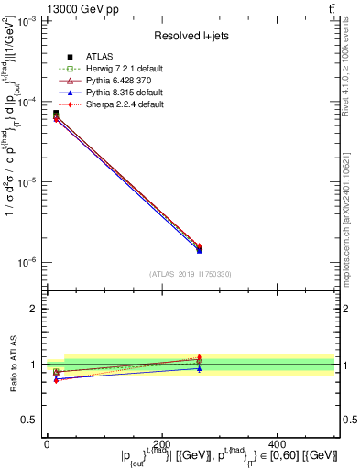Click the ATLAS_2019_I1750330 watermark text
(x=191, y=274)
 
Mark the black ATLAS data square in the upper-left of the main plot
(x=56, y=114)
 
